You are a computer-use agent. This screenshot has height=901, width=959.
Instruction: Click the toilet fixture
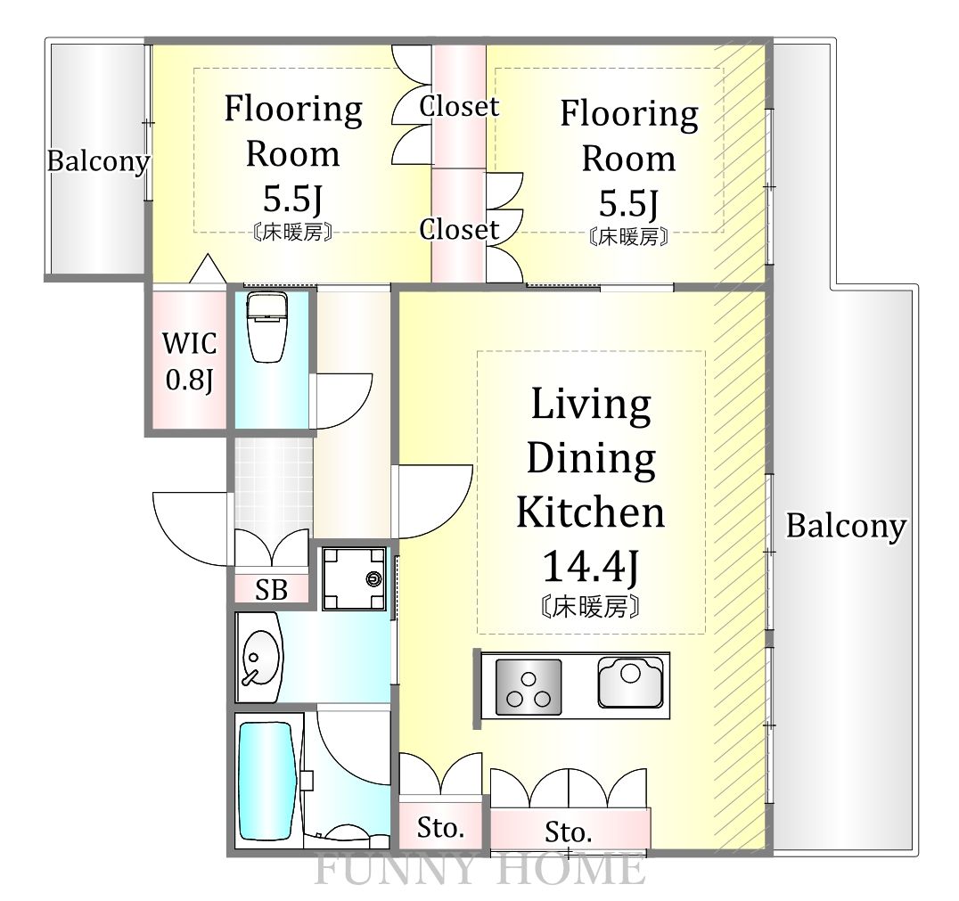pyautogui.click(x=267, y=327)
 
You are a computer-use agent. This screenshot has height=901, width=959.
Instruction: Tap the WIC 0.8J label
pyautogui.click(x=190, y=362)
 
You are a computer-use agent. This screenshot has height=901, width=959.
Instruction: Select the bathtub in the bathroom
pyautogui.click(x=267, y=781)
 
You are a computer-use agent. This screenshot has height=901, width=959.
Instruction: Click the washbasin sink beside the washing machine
pyautogui.click(x=261, y=659)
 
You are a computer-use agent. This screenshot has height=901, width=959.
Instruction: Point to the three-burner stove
pyautogui.click(x=529, y=687)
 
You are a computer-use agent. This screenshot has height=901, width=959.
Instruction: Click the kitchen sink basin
pyautogui.click(x=630, y=682)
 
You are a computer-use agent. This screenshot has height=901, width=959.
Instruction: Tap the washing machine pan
pyautogui.click(x=354, y=578)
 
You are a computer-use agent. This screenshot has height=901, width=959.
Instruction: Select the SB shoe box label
pyautogui.click(x=272, y=590)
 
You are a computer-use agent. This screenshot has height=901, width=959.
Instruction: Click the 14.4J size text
pyautogui.click(x=591, y=566)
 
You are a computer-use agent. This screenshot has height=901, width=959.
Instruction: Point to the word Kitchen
pyautogui.click(x=591, y=512)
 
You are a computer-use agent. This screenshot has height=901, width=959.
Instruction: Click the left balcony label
pyautogui.click(x=98, y=161)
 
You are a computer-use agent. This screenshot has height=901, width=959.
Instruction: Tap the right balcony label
pyautogui.click(x=846, y=526)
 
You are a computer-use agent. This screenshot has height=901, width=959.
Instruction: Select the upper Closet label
pyautogui.click(x=459, y=106)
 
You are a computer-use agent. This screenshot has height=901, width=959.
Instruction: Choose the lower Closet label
pyautogui.click(x=459, y=230)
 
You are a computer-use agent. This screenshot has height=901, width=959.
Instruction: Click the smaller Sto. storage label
pyautogui.click(x=440, y=828)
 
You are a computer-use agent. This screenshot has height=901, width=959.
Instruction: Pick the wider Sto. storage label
pyautogui.click(x=569, y=831)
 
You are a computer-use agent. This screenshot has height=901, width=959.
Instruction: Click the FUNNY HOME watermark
pyautogui.click(x=480, y=869)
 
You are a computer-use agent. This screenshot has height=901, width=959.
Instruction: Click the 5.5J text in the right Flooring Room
pyautogui.click(x=628, y=204)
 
